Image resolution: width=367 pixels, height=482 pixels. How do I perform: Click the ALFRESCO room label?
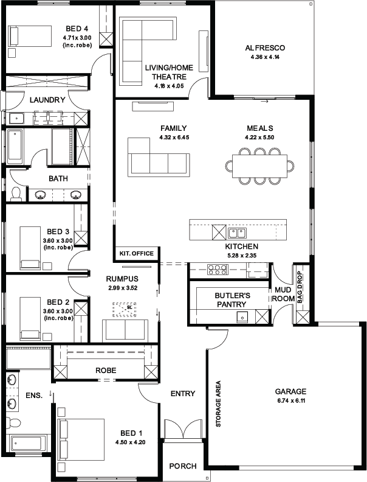(x=265, y=48)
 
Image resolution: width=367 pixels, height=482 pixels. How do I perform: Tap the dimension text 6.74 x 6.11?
(x=290, y=400)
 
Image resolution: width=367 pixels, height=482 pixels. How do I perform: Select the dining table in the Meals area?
(x=259, y=166)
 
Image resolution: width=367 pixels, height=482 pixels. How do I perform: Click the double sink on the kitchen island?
(x=237, y=233)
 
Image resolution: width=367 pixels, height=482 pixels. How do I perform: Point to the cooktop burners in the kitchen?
(x=218, y=270)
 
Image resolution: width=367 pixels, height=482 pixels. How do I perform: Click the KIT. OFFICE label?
(x=136, y=253)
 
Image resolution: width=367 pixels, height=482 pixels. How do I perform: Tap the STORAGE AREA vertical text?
(x=218, y=404)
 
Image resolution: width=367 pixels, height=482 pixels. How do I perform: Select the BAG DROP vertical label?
(x=300, y=287)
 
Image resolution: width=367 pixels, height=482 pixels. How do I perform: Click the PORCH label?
(x=183, y=466)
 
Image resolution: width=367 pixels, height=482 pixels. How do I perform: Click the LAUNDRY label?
(x=47, y=100)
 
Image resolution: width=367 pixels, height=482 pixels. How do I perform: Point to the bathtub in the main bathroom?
(x=15, y=147)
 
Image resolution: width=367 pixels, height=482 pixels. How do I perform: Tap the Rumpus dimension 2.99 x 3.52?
(x=122, y=288)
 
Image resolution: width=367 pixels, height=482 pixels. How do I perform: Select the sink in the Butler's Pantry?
(x=242, y=316)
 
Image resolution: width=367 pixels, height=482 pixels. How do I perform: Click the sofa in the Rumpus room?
(x=125, y=330)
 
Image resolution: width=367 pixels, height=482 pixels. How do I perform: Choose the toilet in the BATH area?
(x=15, y=194)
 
